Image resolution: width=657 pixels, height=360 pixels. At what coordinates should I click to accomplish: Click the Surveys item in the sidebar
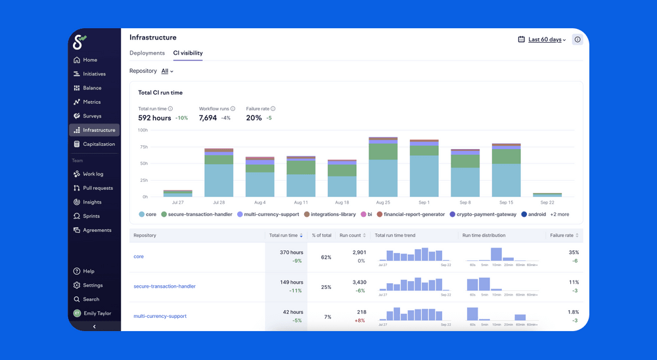click(x=92, y=116)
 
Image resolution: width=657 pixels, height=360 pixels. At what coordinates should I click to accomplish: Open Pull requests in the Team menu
click(x=97, y=188)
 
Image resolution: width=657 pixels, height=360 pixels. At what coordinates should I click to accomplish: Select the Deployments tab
click(x=147, y=53)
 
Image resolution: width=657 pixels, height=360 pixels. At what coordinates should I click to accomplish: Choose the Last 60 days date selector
click(x=547, y=39)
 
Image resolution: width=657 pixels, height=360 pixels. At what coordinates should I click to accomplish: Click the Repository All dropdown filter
click(x=167, y=71)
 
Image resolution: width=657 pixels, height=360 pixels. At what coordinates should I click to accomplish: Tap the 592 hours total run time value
click(x=154, y=118)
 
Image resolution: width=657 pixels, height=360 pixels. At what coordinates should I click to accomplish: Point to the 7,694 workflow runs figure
click(x=208, y=118)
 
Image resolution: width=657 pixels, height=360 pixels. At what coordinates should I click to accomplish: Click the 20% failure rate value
click(x=254, y=118)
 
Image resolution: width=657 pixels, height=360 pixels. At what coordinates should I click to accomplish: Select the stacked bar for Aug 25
click(x=383, y=167)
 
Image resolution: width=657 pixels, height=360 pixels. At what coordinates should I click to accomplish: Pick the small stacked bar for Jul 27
click(x=177, y=194)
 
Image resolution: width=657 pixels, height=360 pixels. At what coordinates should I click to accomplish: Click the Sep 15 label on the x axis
click(x=506, y=203)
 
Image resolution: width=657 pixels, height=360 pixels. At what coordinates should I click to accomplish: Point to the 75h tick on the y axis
click(x=143, y=146)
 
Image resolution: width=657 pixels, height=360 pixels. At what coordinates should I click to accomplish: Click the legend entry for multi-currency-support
click(x=271, y=214)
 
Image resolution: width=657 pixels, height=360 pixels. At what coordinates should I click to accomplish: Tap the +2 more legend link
click(x=560, y=214)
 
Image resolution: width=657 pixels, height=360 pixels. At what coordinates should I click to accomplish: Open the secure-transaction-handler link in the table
click(x=164, y=286)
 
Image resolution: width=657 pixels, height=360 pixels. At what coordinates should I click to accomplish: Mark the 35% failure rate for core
click(x=574, y=252)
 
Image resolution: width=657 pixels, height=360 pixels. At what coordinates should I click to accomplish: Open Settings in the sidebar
click(x=93, y=285)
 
